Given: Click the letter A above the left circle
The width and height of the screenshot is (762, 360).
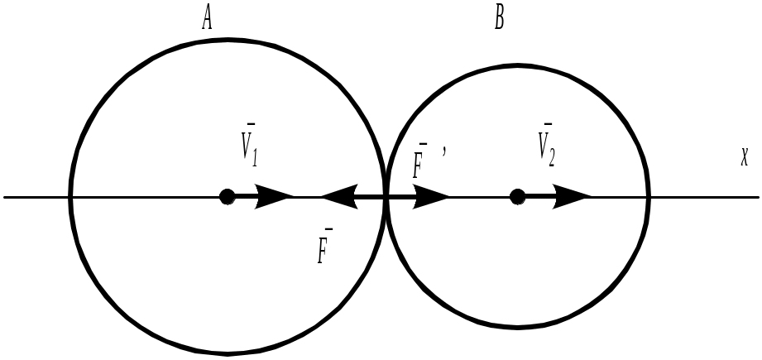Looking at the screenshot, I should [208, 18].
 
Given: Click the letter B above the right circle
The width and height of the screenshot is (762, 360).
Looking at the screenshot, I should [499, 17].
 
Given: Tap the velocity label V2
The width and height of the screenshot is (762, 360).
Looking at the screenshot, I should [545, 146].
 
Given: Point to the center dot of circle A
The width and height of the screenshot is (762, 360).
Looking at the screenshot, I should [228, 197].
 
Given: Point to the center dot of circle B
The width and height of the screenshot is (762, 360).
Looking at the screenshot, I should [517, 197].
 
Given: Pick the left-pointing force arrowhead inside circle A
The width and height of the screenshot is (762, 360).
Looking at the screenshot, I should [338, 197].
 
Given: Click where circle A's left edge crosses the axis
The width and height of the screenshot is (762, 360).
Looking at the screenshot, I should [70, 197].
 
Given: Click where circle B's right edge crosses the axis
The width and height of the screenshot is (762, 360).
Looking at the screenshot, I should [648, 197].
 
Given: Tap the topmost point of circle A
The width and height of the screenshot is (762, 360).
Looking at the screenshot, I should [228, 40].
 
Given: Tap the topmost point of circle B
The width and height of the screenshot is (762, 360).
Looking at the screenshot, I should [517, 65].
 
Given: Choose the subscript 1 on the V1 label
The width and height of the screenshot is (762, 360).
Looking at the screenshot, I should [256, 154].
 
